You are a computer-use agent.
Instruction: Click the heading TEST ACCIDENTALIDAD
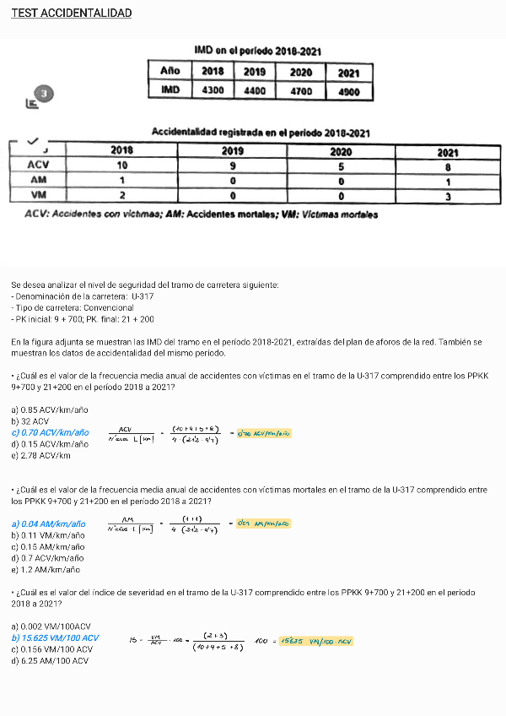click(71, 14)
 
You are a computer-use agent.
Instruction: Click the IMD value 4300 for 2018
click(213, 89)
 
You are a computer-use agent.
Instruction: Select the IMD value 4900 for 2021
click(348, 91)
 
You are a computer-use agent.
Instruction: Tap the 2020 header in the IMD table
click(301, 72)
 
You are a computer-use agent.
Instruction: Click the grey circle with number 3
click(45, 94)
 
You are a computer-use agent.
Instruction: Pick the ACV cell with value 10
click(122, 165)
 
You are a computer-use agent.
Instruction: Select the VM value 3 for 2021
click(448, 196)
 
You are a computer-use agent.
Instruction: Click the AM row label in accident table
click(38, 180)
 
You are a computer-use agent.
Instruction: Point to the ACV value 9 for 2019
click(232, 166)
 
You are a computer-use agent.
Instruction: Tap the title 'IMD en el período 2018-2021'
click(257, 52)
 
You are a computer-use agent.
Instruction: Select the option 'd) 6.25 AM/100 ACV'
click(50, 660)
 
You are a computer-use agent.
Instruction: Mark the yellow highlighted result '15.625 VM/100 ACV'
click(317, 642)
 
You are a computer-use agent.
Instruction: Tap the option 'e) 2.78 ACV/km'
click(40, 455)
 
